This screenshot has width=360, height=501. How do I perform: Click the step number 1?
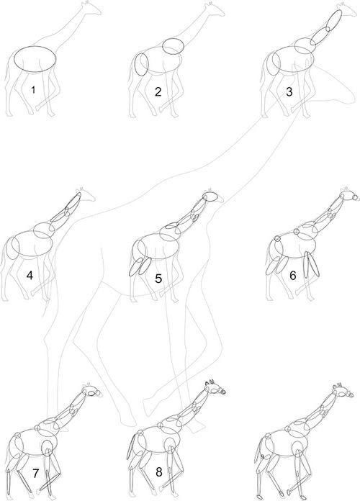33,90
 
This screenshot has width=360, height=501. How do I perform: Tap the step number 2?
158,91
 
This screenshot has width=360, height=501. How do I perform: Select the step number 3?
289,92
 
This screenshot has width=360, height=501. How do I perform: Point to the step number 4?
30,275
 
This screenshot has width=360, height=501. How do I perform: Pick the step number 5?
158,279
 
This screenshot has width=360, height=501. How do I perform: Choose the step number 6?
293,276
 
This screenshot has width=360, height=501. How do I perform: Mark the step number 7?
35,473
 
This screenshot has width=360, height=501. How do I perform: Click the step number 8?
159,472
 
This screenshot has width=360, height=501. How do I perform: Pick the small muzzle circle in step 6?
355,198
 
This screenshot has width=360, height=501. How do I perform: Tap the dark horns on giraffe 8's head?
212,382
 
